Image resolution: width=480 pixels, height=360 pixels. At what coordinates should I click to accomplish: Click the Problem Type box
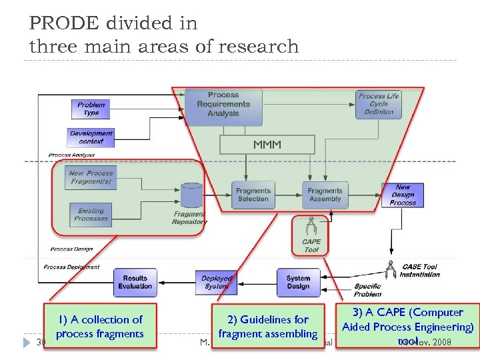pos(91,109)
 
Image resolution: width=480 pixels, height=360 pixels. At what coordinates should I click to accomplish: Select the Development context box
pos(91,137)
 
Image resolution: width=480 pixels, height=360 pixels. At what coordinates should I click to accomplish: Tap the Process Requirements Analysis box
pos(223,104)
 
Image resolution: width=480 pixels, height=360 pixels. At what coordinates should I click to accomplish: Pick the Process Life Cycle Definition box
pos(378,104)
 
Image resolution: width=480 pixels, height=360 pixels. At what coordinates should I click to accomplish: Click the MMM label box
pos(267,145)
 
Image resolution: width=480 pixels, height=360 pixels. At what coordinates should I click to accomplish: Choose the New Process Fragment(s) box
pos(91,177)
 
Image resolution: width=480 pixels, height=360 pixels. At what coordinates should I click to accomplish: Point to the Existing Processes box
pos(91,215)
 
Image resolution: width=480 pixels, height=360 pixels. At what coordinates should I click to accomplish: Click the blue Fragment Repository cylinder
pos(191,195)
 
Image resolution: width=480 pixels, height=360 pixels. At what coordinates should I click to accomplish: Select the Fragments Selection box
pos(253,195)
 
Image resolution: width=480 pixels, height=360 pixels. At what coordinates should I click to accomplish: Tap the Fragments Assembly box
pos(325,195)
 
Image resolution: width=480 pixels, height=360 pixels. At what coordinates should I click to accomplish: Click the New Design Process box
pos(403,195)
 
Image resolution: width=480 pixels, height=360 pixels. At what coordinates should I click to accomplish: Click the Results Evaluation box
pos(135,282)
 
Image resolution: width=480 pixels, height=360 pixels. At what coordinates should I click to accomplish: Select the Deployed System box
pos(217,282)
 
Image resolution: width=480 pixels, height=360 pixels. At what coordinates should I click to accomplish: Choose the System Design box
pos(298,282)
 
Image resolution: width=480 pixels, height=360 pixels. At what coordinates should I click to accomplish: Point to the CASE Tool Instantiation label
pos(420,271)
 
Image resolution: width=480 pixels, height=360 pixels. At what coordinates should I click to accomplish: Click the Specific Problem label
pos(368,290)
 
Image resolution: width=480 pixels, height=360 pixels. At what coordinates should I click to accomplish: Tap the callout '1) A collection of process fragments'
pos(100,327)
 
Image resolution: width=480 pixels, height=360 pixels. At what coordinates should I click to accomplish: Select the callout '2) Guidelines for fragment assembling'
pos(267,327)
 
